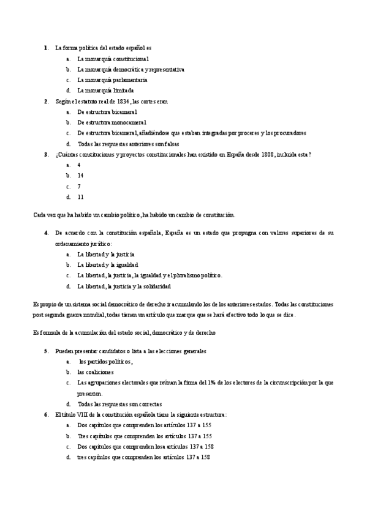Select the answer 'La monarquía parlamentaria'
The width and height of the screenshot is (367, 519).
point(112,80)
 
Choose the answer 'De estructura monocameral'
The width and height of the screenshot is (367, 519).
point(112,122)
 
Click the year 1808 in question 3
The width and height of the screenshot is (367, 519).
point(267,154)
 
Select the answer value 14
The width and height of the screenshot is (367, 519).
point(80,176)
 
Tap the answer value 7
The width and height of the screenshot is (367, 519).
point(79,186)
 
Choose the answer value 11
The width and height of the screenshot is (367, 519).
point(80,197)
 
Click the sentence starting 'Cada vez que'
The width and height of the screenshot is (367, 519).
point(134,215)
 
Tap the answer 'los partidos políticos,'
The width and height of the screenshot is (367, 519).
point(105,362)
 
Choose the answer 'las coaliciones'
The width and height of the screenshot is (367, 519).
point(96,372)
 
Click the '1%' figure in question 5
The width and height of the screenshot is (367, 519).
point(213,383)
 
